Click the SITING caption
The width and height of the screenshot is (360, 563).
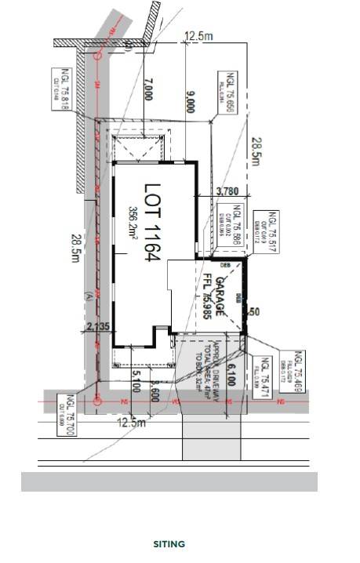[169, 543]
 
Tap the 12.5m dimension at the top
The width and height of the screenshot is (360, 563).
[198, 36]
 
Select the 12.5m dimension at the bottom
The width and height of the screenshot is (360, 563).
[131, 423]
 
